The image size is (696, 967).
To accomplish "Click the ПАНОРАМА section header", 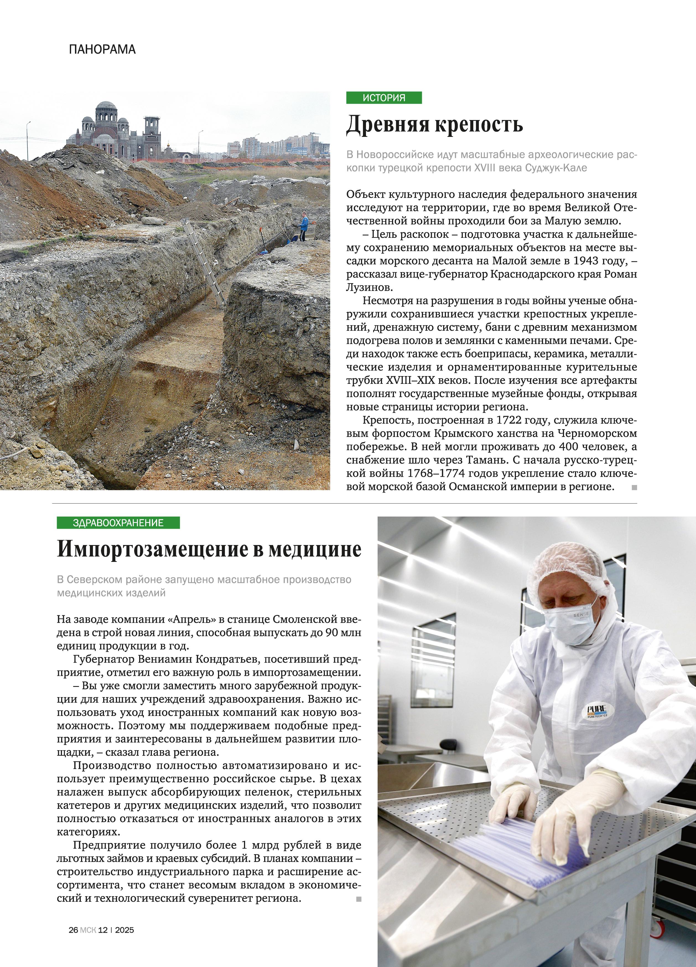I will (102, 50).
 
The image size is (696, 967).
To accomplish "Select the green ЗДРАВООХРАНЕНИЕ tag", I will (118, 523).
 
